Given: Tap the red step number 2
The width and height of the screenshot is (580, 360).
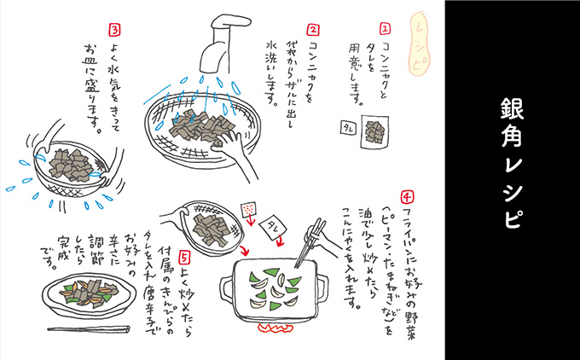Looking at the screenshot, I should [312, 30].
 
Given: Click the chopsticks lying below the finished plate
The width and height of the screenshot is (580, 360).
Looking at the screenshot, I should [85, 328].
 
